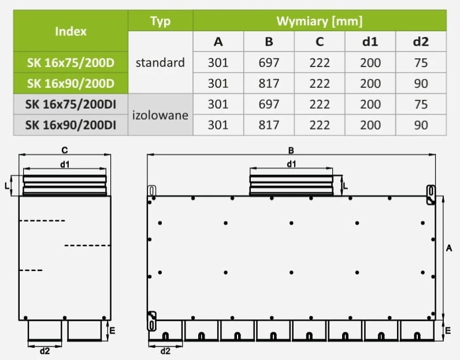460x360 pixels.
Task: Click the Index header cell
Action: (x=71, y=31)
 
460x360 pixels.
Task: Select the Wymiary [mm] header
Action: (x=320, y=21)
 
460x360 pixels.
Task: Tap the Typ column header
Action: (x=160, y=21)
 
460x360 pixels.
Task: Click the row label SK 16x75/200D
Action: (x=71, y=62)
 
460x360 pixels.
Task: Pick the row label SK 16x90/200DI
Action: (x=71, y=125)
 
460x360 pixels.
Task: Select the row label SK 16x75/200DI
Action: (x=71, y=104)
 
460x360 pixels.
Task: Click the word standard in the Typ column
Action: (x=160, y=62)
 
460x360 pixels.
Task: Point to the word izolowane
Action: (x=160, y=115)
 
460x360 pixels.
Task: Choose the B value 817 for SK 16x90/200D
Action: (x=269, y=83)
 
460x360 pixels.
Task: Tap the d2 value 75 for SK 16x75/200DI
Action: (x=421, y=104)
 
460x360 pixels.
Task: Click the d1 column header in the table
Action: (x=370, y=42)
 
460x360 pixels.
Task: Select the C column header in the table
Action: (x=320, y=42)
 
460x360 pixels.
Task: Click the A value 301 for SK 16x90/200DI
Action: (x=218, y=125)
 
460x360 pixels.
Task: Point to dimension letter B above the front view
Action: (x=291, y=150)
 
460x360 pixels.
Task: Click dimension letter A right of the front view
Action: (x=449, y=248)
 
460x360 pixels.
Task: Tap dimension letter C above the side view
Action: (x=65, y=150)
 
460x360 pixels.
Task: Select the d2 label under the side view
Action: (x=44, y=351)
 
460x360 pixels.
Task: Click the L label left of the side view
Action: (x=7, y=185)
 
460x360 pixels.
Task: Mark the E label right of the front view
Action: (x=448, y=331)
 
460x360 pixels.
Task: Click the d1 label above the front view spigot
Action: (x=291, y=164)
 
